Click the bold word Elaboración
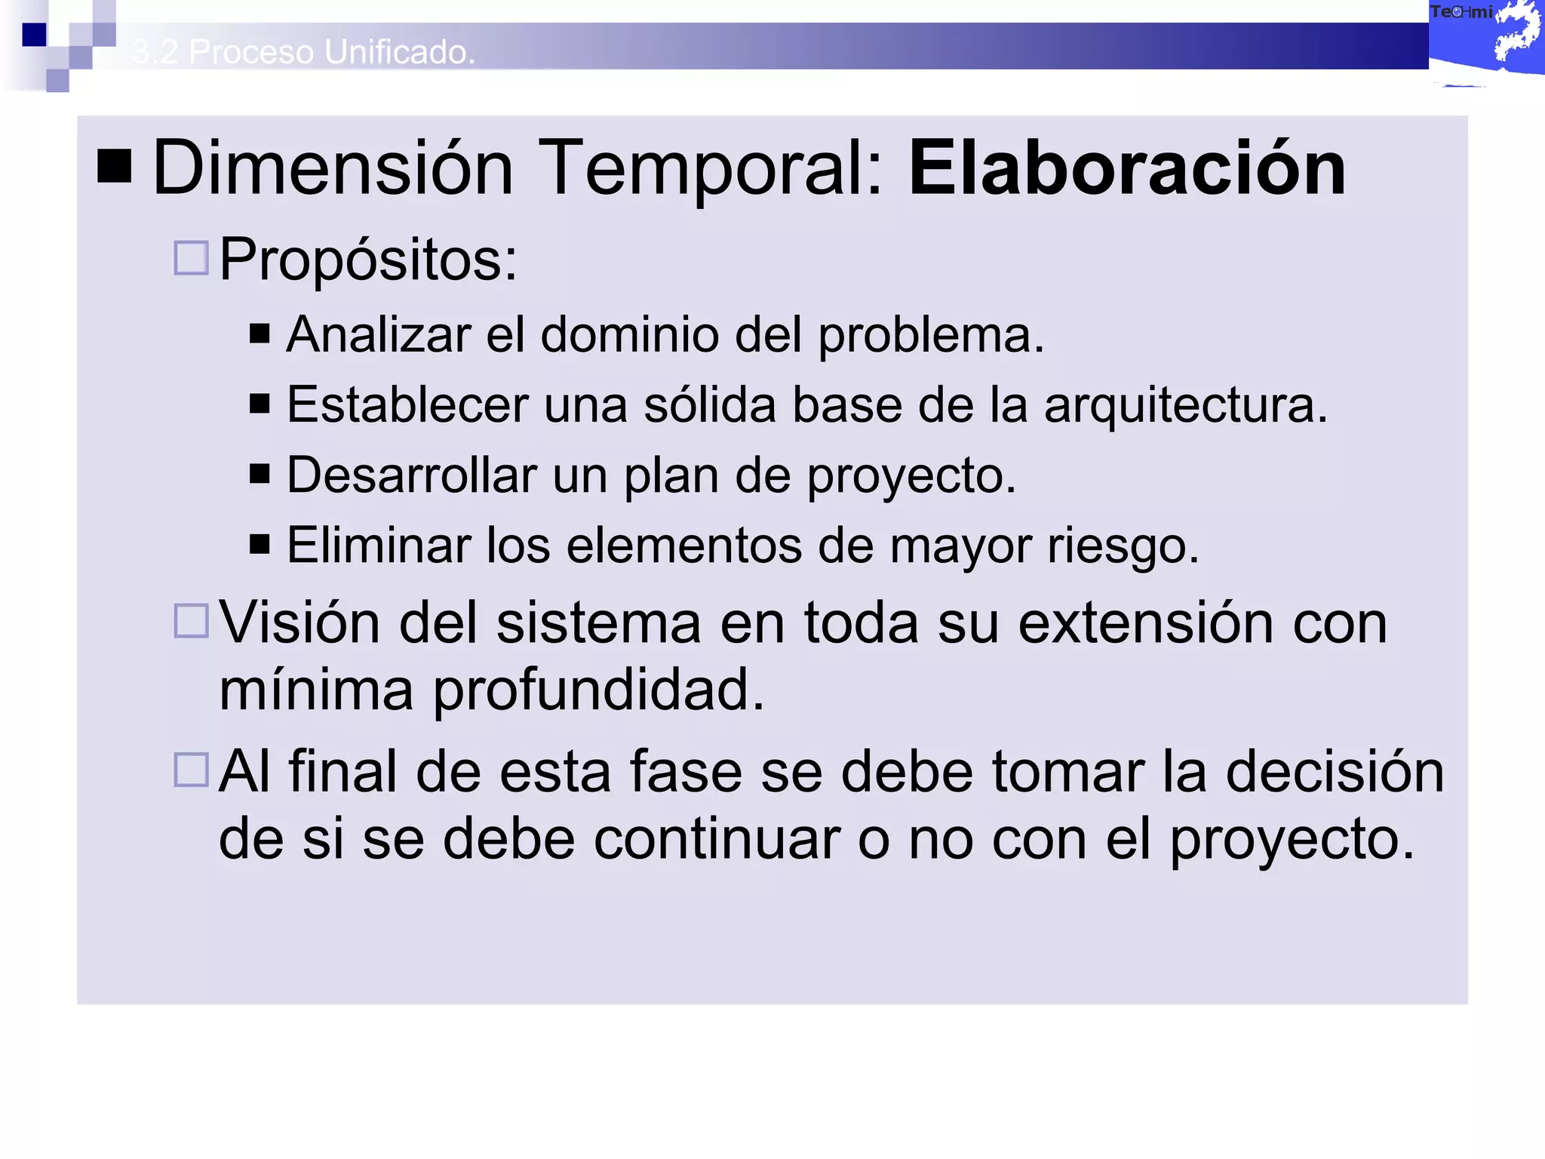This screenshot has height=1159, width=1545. coord(1127,168)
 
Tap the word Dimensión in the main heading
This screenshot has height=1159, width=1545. coord(333,168)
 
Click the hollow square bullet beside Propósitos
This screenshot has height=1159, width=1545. coord(191,258)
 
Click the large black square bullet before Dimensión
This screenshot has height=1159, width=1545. coord(115,166)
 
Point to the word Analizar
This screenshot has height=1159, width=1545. coord(379,334)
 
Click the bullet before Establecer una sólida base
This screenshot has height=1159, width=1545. coord(260,404)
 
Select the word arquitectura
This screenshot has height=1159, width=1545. coord(1185,406)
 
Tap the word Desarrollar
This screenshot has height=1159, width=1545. coord(411,475)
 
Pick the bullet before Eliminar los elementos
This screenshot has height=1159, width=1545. coord(260,544)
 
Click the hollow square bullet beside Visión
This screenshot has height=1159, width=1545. coord(191,621)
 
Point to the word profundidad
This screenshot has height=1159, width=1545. coord(597,690)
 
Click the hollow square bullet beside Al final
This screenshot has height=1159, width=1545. coord(191,770)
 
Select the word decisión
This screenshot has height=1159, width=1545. coord(1335,772)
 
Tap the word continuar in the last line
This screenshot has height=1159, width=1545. coord(717,839)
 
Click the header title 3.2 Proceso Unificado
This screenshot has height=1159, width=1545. coord(303,52)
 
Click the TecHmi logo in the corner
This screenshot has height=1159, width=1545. coord(1485,38)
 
